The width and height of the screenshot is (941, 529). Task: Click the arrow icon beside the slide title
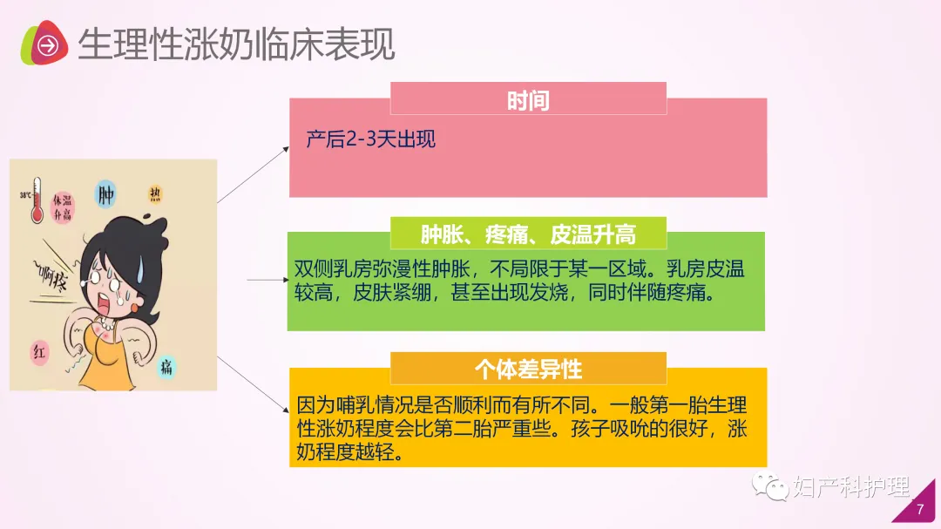click(x=49, y=44)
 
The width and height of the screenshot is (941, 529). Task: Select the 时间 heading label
click(x=528, y=100)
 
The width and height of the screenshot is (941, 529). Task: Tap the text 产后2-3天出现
click(x=371, y=139)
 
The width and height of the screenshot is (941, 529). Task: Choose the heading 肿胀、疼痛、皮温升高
click(x=528, y=234)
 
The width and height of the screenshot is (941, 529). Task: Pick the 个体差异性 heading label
click(x=528, y=369)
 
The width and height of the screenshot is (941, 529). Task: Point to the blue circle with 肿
click(x=107, y=193)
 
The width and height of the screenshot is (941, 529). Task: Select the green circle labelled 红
click(x=40, y=352)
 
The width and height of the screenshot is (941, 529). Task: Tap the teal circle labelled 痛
click(x=166, y=367)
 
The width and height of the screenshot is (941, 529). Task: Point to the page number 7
click(x=920, y=510)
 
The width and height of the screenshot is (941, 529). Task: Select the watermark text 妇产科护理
click(x=850, y=486)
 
